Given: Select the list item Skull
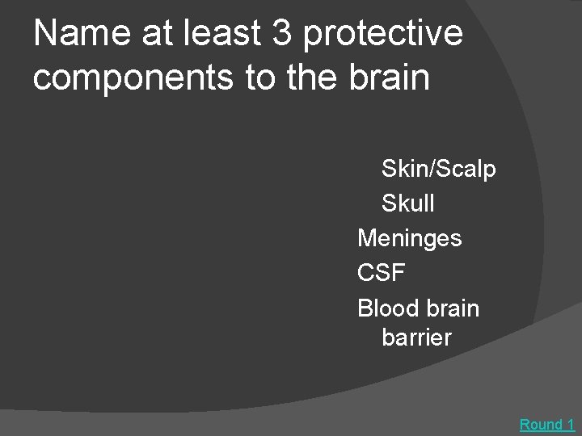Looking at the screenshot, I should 407,204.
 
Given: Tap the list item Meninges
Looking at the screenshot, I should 409,239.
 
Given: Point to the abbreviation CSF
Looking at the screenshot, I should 381,274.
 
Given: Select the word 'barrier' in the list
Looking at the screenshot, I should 416,337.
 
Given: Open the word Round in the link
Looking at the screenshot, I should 541,424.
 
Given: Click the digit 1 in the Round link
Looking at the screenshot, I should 570,424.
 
